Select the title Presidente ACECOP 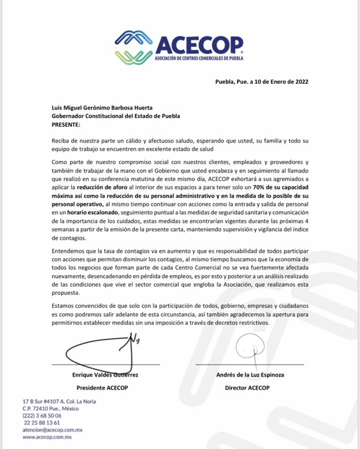click(104, 388)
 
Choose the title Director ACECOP click(247, 388)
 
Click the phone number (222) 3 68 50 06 click(42, 415)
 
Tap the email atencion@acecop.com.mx click(52, 429)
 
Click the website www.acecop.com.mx click(47, 437)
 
